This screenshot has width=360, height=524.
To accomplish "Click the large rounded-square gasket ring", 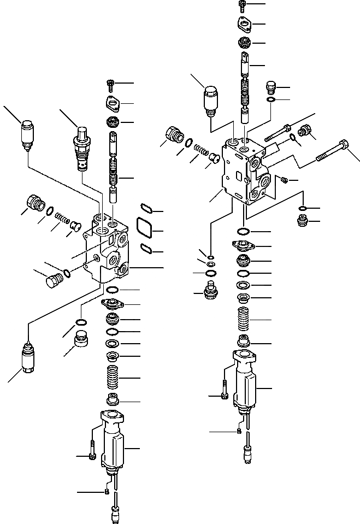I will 144,228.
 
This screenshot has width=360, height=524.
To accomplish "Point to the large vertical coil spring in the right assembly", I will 245,317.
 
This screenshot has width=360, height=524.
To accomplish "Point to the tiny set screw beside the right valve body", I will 284,180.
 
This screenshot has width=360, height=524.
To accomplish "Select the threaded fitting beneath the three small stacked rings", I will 210,291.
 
